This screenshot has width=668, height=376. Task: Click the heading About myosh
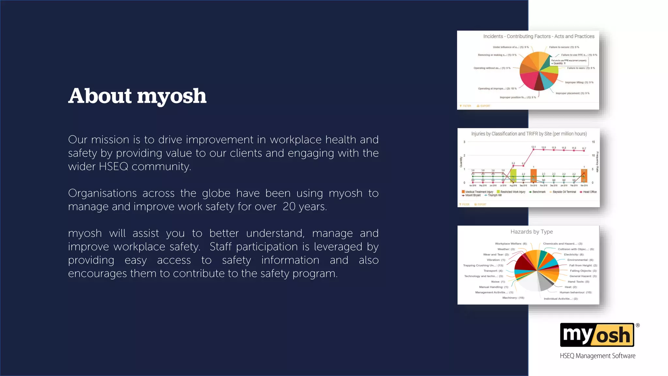[x=137, y=96]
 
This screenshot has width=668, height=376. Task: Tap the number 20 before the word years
[x=289, y=207]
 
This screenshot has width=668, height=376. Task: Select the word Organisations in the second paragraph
[x=102, y=193]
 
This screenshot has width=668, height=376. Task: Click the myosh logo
[x=597, y=335]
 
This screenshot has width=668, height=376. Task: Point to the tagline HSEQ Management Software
[x=598, y=356]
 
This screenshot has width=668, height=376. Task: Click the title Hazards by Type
[x=531, y=232]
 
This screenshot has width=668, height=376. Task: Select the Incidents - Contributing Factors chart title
[x=539, y=37]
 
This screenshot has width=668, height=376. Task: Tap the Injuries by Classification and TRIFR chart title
[x=529, y=134]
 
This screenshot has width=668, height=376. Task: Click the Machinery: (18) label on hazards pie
[x=513, y=298]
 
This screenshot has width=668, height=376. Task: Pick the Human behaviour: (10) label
[x=575, y=292]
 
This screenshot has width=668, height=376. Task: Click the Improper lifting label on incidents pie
[x=579, y=83]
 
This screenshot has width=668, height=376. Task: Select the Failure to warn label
[x=581, y=68]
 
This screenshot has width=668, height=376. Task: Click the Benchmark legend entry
[x=539, y=192]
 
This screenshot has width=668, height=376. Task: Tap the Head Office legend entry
[x=589, y=192]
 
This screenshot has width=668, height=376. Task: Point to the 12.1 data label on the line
[x=533, y=147]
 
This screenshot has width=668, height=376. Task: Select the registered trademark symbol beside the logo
[x=638, y=325]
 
